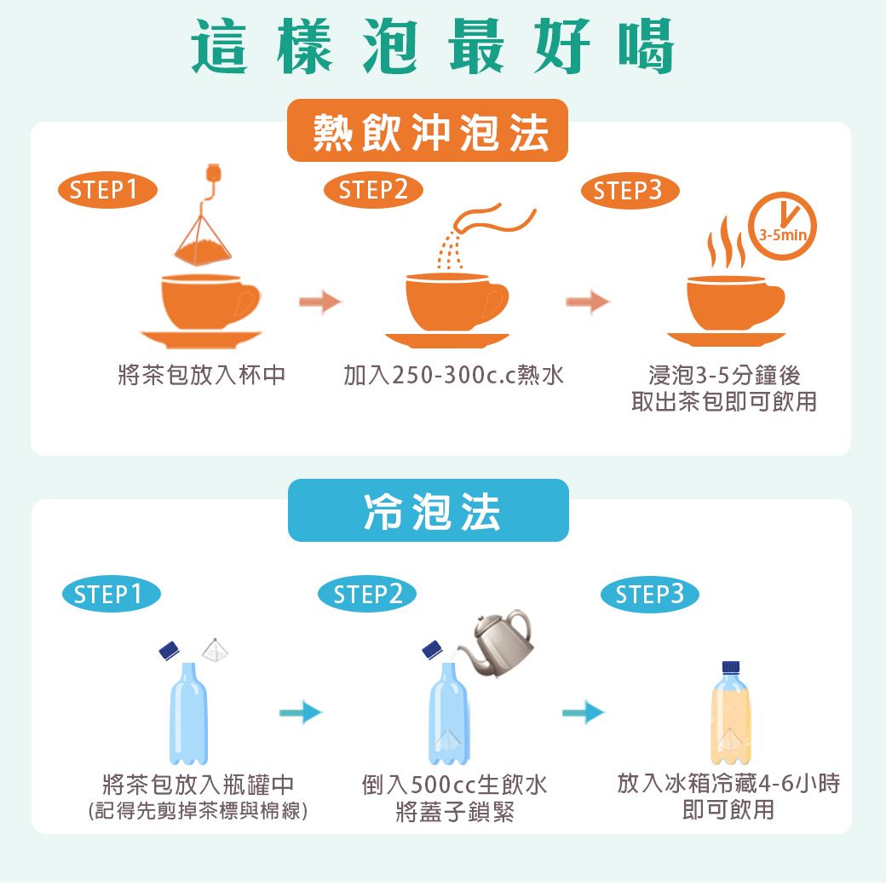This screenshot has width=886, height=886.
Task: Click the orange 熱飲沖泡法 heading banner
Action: coord(427,130)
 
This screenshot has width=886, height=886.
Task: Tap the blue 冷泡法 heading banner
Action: coord(429,510)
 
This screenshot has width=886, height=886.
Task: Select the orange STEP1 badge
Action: coord(107,190)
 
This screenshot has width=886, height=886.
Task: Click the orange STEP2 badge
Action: coord(373,190)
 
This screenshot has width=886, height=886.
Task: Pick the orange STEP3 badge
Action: coord(630,191)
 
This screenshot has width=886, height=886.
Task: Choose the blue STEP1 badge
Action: coord(112,595)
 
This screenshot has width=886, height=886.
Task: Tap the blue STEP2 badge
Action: coord(367,595)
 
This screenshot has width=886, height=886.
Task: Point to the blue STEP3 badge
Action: coord(650,595)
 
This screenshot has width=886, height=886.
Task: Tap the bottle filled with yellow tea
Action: coord(731,712)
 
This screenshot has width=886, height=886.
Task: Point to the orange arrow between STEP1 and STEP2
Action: coord(320,302)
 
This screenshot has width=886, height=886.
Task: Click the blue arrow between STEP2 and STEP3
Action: coord(583,712)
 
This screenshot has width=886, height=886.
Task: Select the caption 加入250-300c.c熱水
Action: coord(454,375)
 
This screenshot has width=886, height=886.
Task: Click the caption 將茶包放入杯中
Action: coord(202,375)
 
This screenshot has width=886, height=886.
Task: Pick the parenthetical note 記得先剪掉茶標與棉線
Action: coord(198,811)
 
